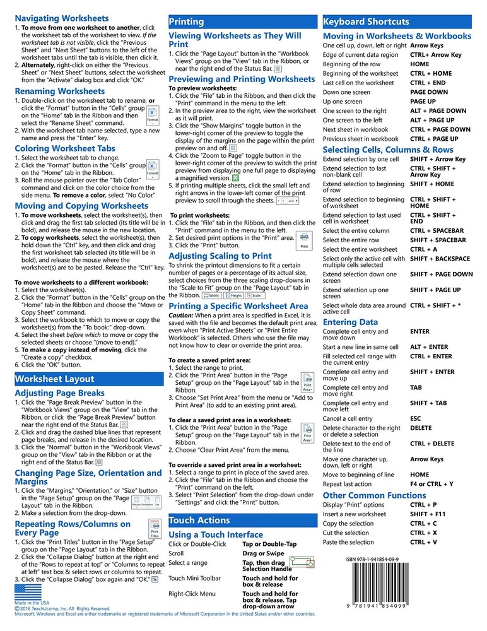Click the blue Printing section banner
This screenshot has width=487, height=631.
[x=243, y=22]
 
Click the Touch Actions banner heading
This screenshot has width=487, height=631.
[x=243, y=520]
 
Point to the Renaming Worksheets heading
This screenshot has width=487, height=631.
[x=60, y=91]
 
